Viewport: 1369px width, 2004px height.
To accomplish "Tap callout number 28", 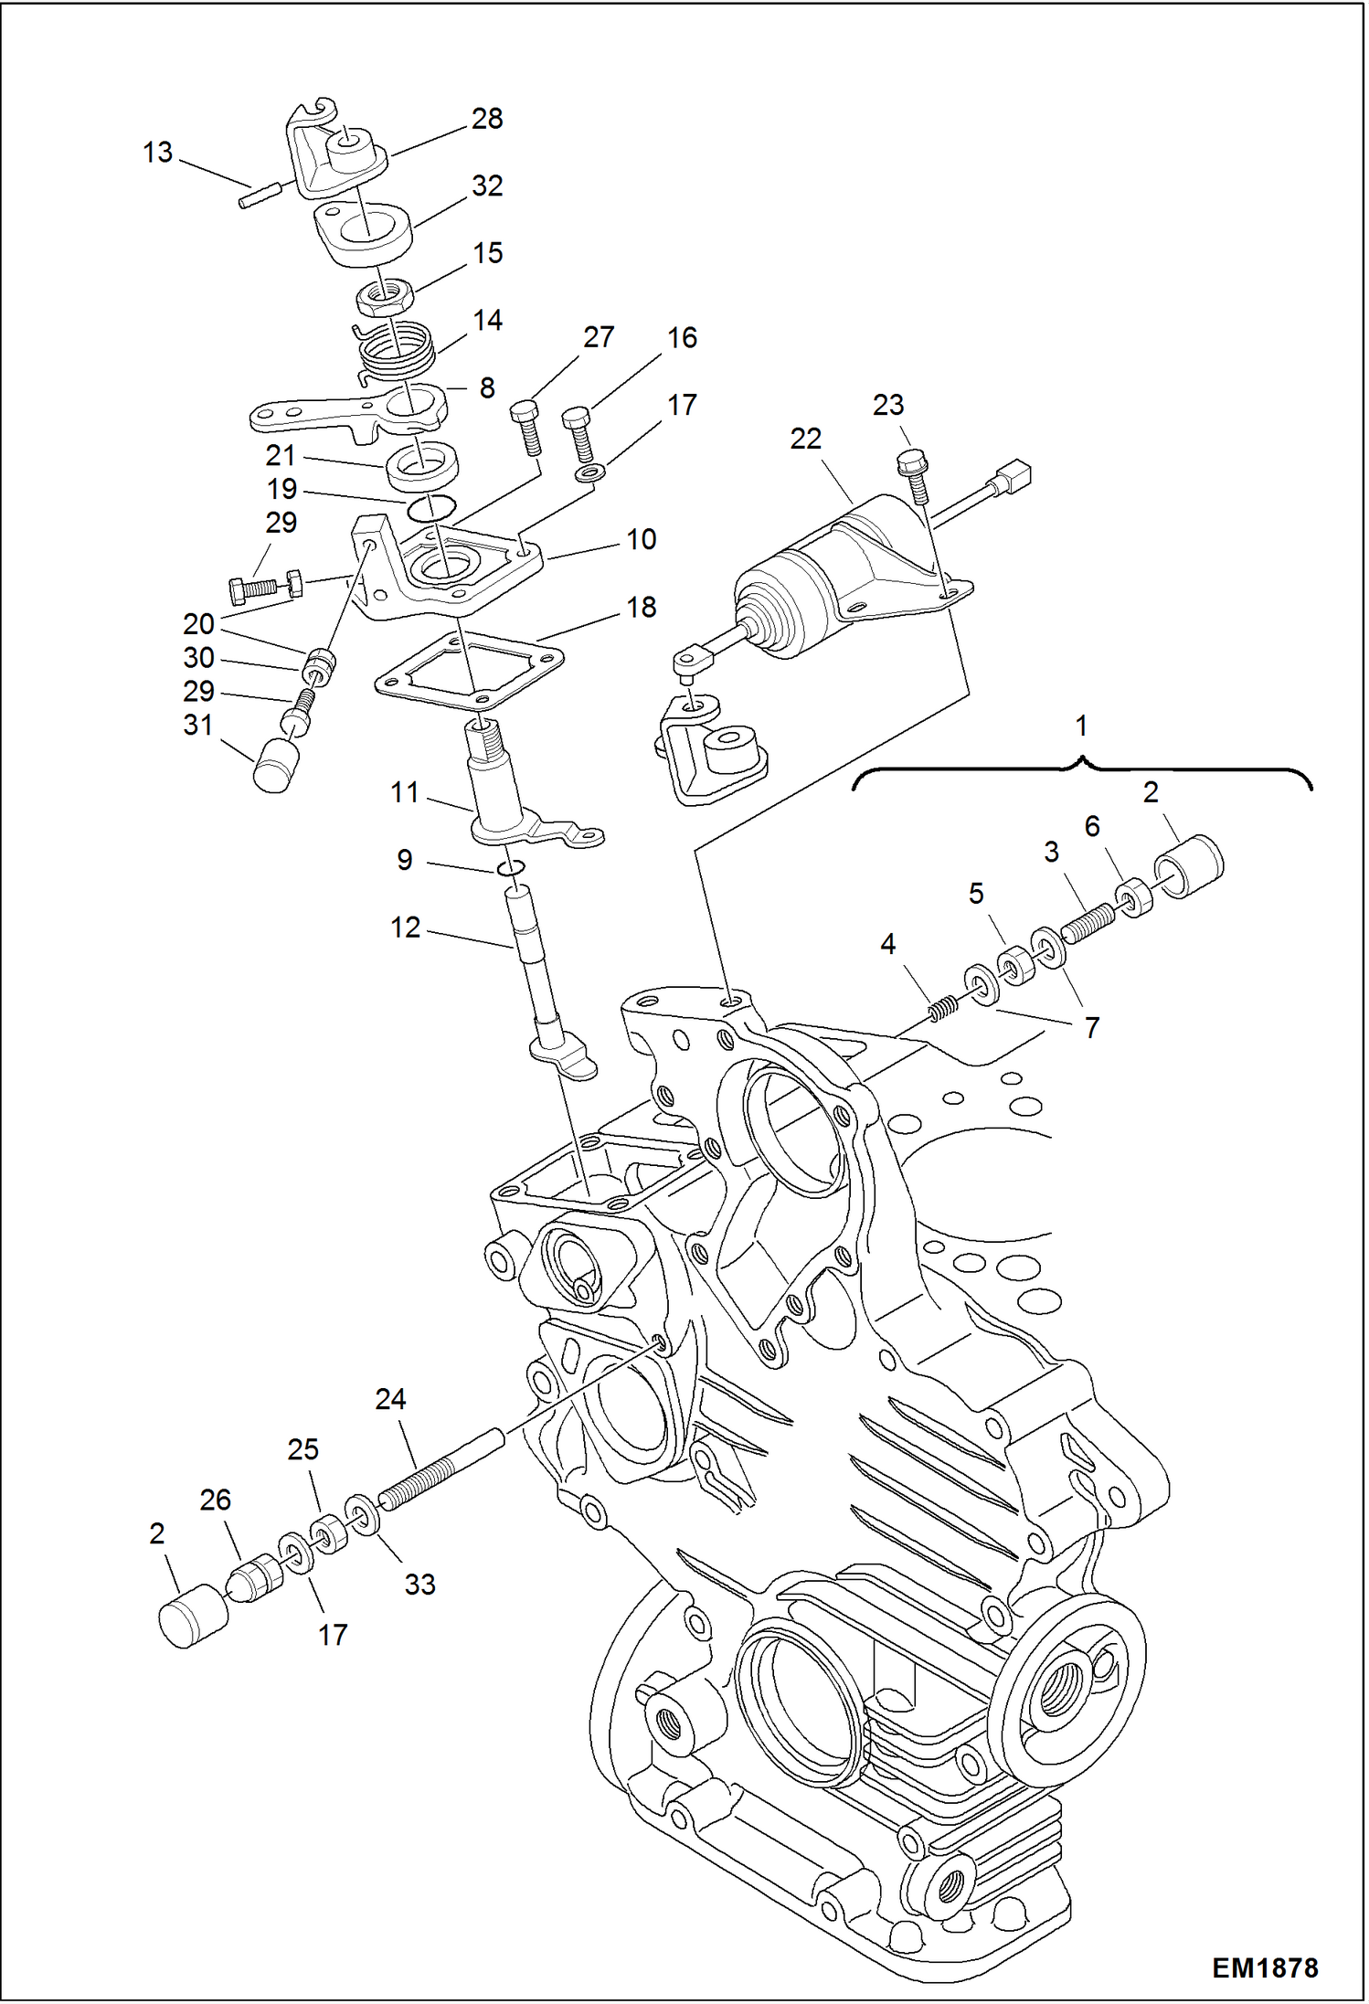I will coord(487,119).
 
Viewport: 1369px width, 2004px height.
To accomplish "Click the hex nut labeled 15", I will coord(385,295).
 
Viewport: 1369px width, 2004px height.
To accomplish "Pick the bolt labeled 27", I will coord(527,427).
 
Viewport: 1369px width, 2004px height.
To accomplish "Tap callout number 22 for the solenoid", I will coord(805,440).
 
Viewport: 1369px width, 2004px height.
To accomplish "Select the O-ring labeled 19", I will coord(430,508).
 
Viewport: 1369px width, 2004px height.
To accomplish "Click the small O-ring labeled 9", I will coord(511,867).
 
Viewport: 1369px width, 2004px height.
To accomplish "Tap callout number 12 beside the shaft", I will coord(405,928).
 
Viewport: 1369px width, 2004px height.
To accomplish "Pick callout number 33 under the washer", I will coord(419,1584).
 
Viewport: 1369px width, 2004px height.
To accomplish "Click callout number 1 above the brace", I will coord(1081,726).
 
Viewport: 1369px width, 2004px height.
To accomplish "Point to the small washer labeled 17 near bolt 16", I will coord(590,473).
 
